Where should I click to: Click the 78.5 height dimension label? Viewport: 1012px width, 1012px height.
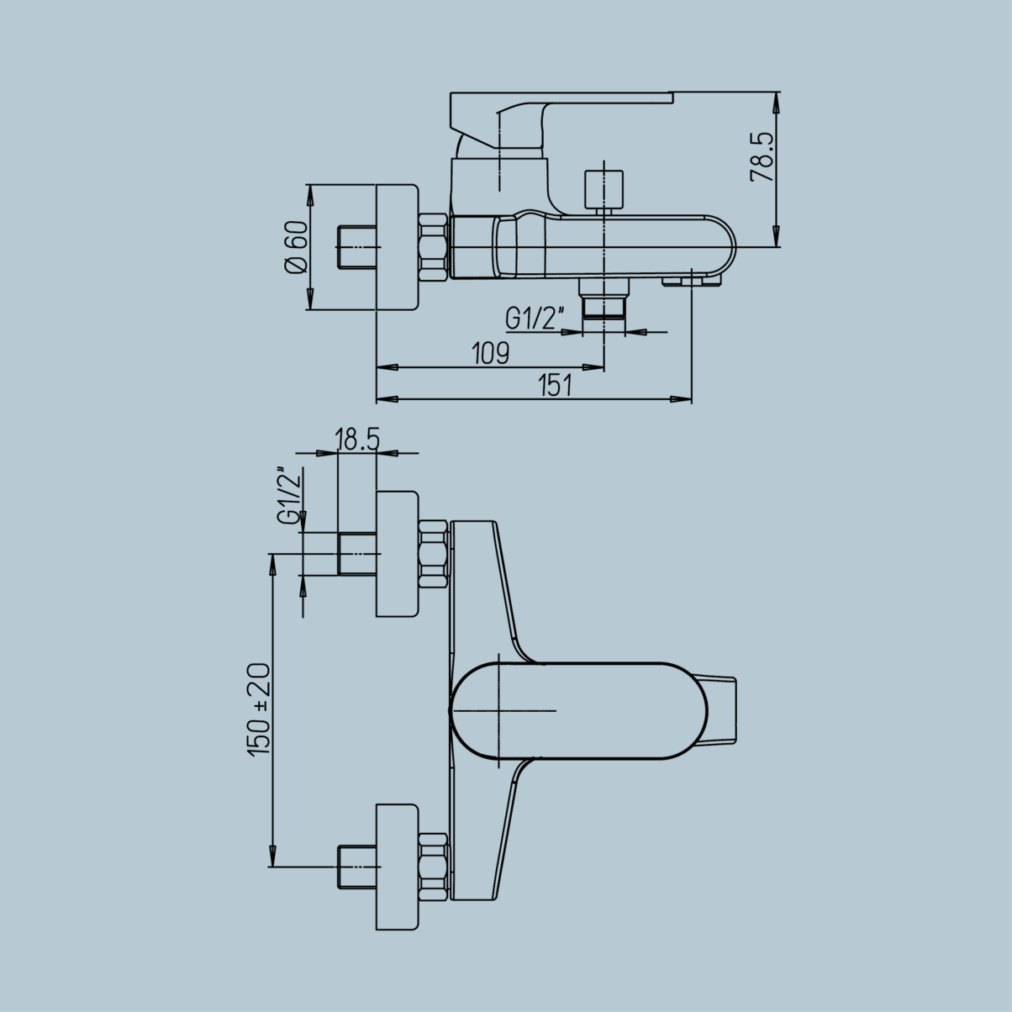click(762, 156)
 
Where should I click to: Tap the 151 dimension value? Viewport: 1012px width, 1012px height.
click(556, 386)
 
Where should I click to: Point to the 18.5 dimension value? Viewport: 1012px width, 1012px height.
click(357, 439)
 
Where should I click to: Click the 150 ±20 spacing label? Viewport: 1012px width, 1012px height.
click(259, 709)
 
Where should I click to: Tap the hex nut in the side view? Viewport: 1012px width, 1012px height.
click(433, 248)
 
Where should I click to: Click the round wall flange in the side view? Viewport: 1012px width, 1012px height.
click(397, 248)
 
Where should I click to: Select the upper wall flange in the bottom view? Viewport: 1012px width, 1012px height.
click(397, 555)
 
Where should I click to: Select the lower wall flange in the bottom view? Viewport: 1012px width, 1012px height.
click(397, 867)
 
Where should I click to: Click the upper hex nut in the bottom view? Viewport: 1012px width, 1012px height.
click(433, 554)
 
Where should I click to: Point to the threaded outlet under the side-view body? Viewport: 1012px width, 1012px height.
click(605, 303)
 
